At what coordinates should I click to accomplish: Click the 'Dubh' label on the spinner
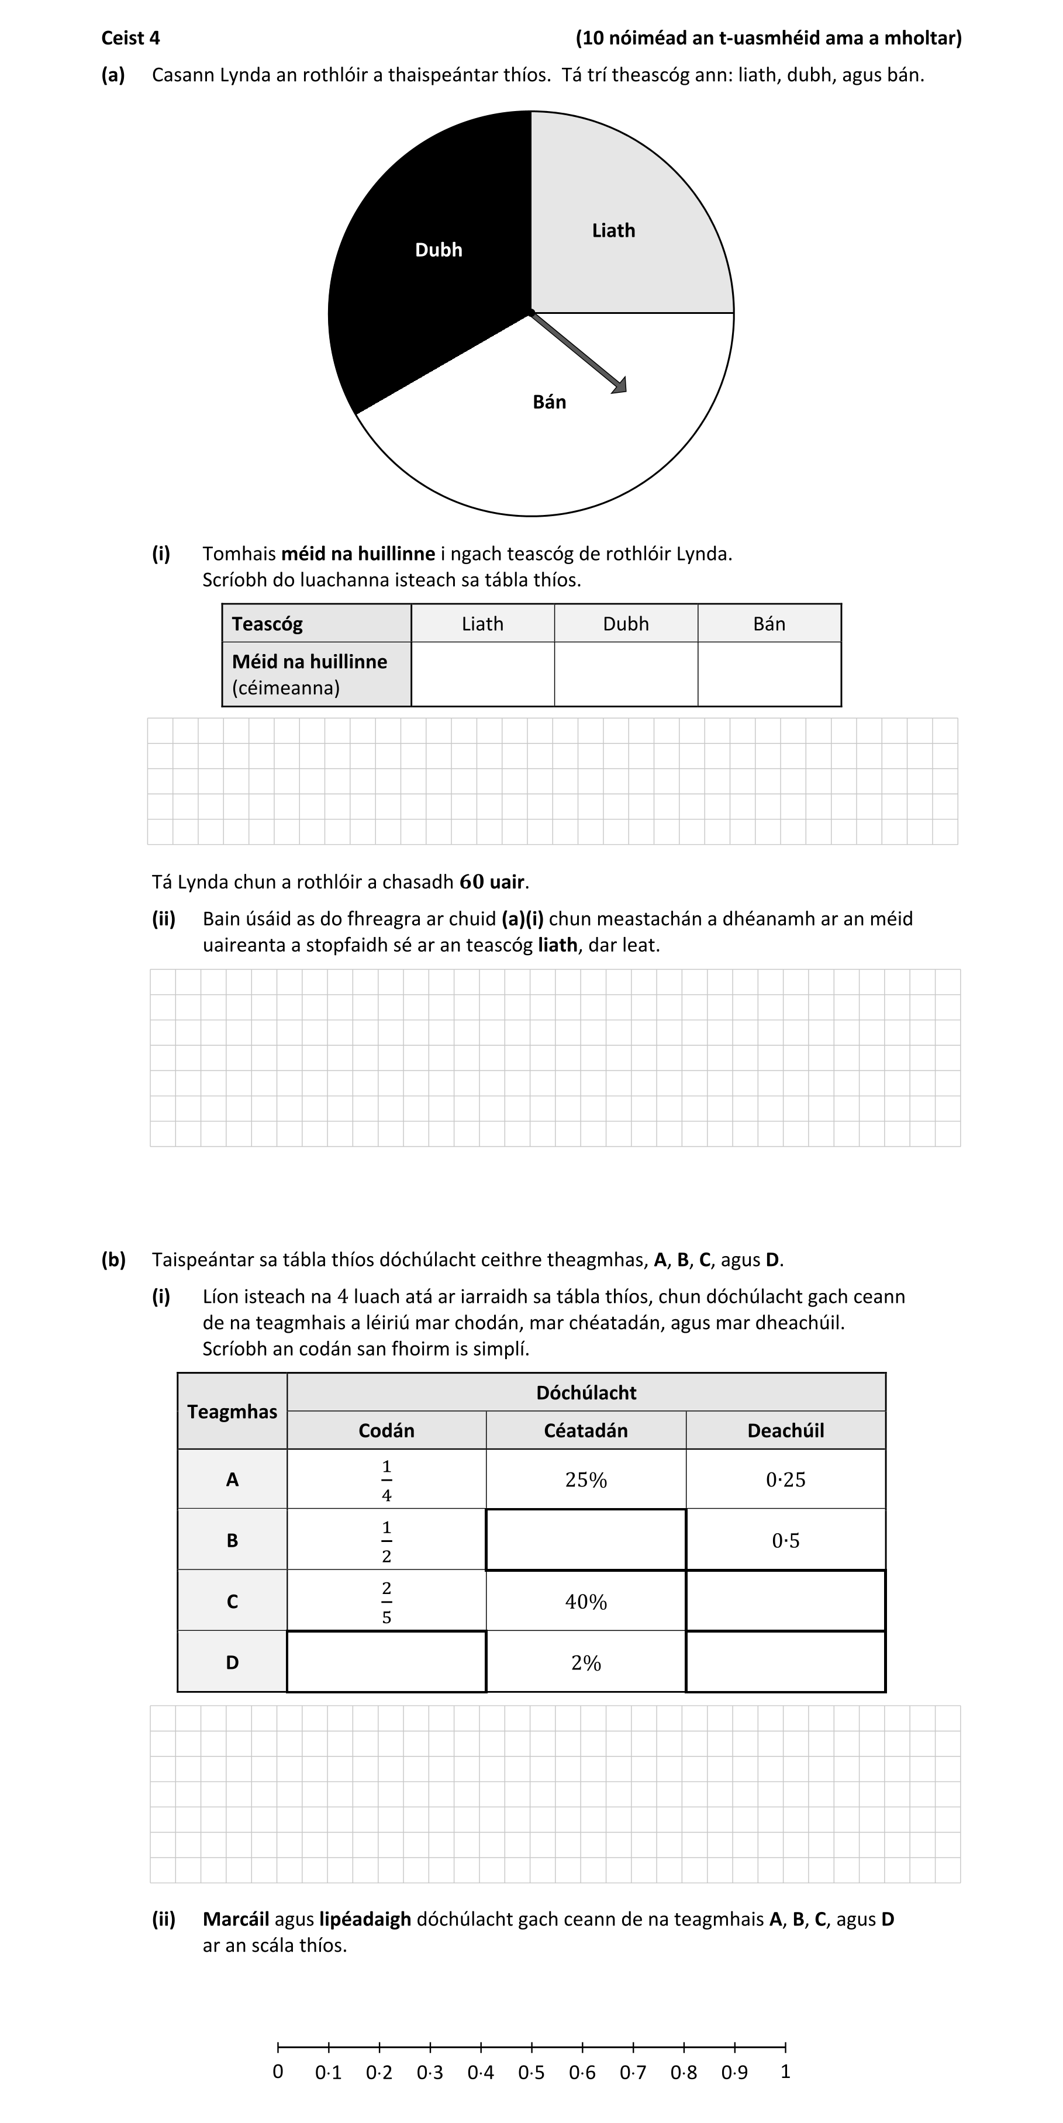(438, 250)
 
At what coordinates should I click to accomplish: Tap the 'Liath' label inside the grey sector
(613, 231)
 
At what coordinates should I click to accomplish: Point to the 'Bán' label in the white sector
(549, 402)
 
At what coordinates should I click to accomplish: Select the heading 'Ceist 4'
(130, 38)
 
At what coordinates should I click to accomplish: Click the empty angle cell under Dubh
(625, 674)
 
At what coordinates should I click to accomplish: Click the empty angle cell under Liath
(482, 674)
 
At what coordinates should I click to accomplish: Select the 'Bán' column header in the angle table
(768, 624)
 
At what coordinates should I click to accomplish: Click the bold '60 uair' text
(493, 882)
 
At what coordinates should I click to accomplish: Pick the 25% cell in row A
(585, 1480)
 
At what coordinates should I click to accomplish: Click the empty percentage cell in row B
(585, 1540)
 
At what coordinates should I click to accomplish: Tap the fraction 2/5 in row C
(386, 1602)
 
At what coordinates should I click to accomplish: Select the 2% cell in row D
(585, 1663)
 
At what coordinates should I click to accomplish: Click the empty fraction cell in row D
(386, 1662)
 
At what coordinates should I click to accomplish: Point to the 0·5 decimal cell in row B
(785, 1540)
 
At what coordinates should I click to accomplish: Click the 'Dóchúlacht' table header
(585, 1393)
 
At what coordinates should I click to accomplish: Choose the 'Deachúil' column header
(785, 1431)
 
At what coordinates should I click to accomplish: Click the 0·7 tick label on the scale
(633, 2073)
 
